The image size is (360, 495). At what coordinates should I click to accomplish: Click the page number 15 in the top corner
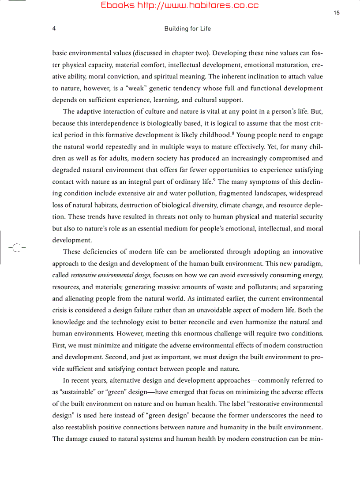coord(337,13)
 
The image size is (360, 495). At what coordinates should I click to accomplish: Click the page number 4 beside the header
coord(54,29)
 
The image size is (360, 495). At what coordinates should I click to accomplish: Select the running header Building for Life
coord(187,29)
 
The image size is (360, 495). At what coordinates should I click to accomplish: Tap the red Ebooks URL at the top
coord(180,5)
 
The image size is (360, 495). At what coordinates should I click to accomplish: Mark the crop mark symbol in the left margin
coord(17,247)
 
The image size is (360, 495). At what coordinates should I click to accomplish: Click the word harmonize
coord(254,322)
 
